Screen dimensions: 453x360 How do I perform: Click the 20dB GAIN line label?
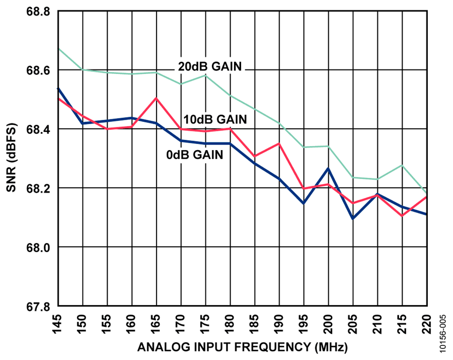coord(210,66)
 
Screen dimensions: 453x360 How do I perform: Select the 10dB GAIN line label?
coord(215,119)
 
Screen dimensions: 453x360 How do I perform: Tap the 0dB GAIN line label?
coord(195,155)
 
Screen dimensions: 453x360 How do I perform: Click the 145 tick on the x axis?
coord(58,324)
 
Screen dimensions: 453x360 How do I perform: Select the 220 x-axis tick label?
coord(426,324)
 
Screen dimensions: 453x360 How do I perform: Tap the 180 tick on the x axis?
coord(230,324)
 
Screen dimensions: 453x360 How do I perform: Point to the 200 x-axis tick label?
coord(328,324)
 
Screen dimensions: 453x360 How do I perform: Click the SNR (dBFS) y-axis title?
coord(12,158)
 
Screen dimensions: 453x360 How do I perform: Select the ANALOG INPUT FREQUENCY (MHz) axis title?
coord(243,347)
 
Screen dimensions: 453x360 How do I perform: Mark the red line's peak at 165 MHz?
coord(157,98)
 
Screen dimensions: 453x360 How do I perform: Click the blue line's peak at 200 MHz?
coord(328,169)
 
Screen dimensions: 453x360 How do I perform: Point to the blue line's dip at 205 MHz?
coord(353,219)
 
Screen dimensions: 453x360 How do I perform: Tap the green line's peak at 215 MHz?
coord(402,165)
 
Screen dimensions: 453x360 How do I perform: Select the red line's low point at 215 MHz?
coord(402,216)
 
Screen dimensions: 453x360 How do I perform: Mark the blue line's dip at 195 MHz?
coord(304,203)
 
